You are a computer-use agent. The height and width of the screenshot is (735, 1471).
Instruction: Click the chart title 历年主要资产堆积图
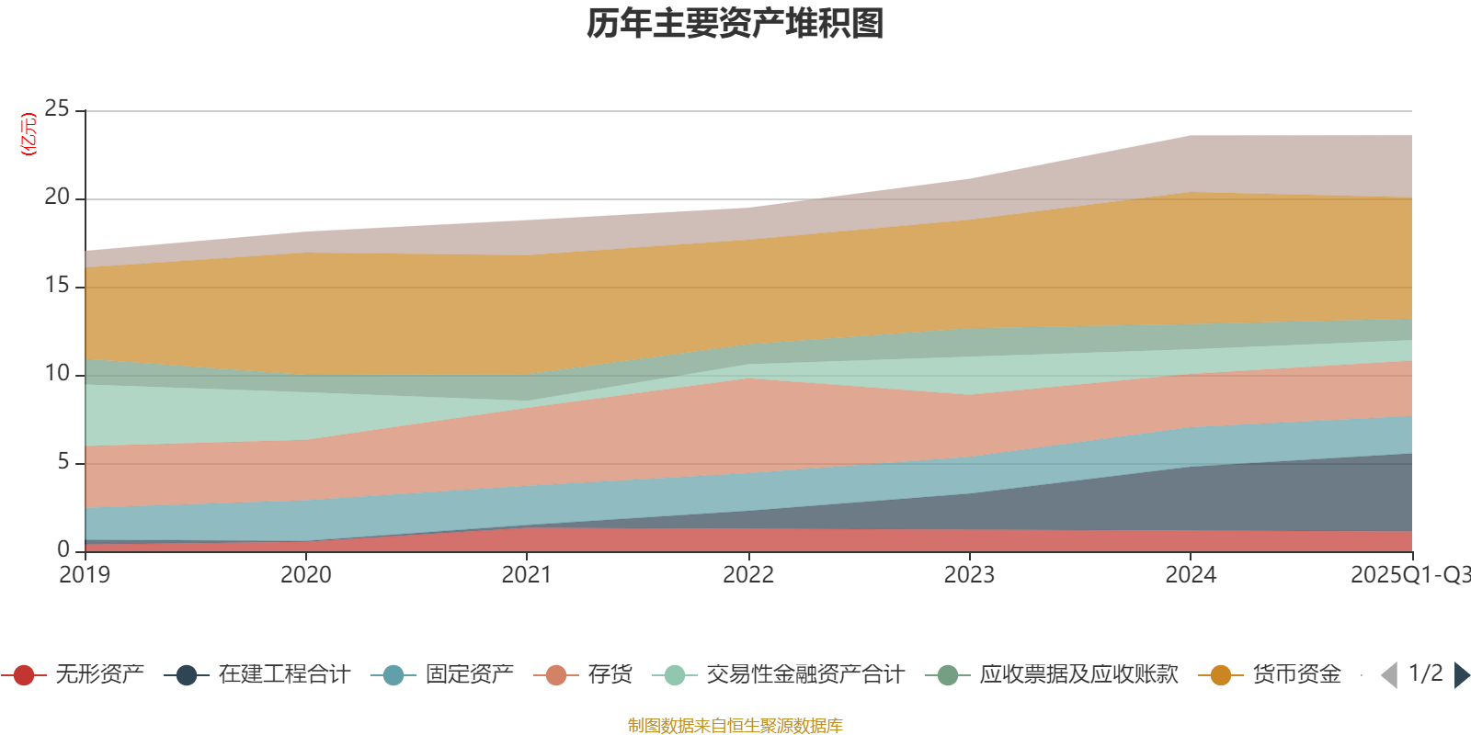735,24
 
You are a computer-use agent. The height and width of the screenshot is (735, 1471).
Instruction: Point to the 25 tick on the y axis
57,109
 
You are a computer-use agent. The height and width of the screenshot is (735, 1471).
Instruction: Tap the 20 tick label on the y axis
57,198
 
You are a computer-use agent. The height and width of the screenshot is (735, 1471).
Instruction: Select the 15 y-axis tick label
57,286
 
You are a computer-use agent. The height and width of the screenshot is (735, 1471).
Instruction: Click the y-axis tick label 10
57,373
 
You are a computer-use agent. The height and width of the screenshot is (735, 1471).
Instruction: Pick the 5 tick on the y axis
63,461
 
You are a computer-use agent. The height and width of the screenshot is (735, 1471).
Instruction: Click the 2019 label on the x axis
85,575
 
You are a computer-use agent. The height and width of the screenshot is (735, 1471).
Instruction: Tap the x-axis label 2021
527,575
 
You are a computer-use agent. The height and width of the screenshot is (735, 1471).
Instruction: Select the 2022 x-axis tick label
748,575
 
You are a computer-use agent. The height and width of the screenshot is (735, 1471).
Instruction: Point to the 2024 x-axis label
1191,575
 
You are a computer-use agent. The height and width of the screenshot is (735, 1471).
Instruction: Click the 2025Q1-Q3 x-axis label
1409,575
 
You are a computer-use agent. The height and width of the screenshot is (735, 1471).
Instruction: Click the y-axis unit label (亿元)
29,134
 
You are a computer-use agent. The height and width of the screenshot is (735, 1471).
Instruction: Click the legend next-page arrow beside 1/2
1461,675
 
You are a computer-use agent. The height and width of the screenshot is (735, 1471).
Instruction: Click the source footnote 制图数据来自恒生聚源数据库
735,726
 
